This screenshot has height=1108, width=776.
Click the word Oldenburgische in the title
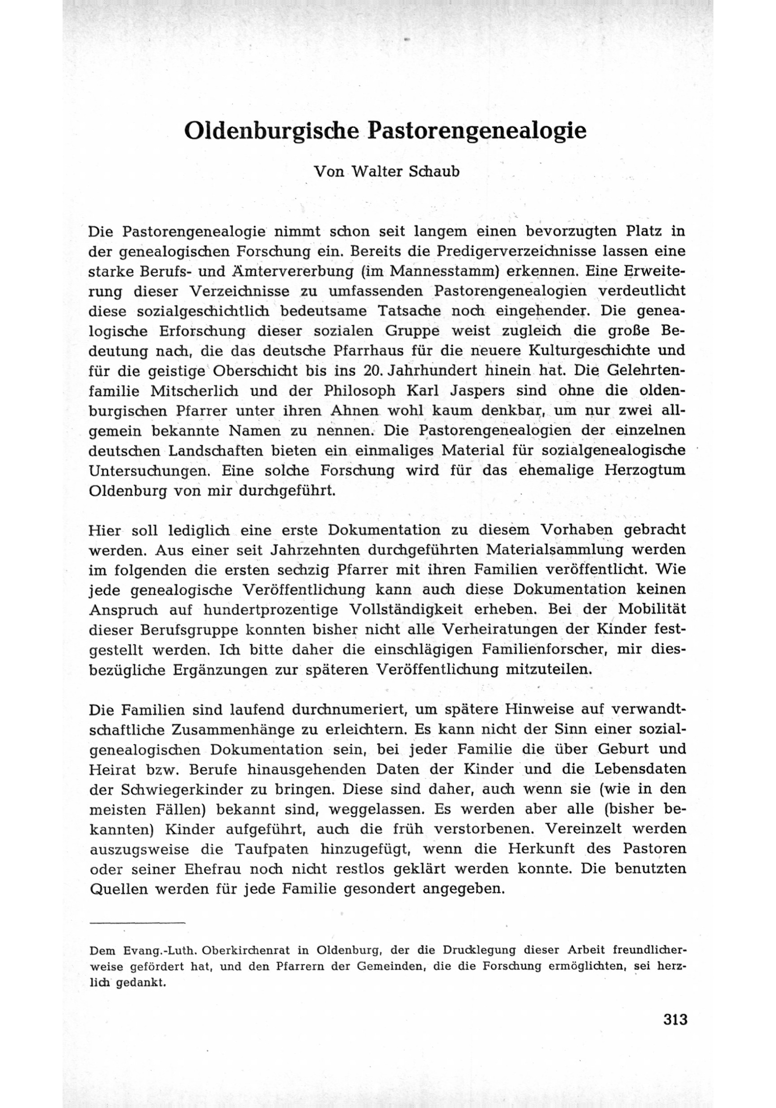tap(273, 131)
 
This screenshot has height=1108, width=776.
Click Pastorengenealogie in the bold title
tap(477, 131)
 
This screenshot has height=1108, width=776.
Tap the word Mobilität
tap(652, 609)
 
